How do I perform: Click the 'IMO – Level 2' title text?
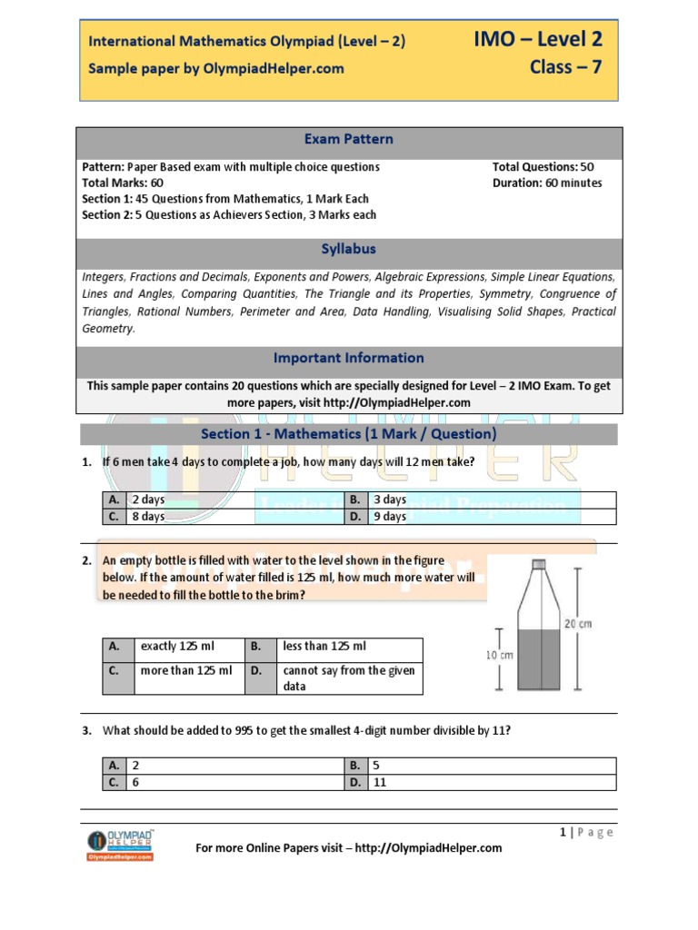(537, 38)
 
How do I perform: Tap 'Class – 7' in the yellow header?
(565, 67)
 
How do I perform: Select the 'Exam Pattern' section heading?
(349, 139)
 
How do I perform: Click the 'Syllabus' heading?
(349, 249)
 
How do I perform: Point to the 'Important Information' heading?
(349, 358)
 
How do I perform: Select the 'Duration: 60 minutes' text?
(546, 183)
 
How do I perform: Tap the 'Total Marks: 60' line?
(123, 183)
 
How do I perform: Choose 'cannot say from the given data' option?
(348, 678)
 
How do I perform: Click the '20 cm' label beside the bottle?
(578, 623)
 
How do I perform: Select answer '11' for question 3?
(381, 782)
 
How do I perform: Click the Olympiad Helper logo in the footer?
(120, 844)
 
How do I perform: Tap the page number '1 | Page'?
(588, 832)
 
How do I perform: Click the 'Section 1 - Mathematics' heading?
(349, 434)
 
